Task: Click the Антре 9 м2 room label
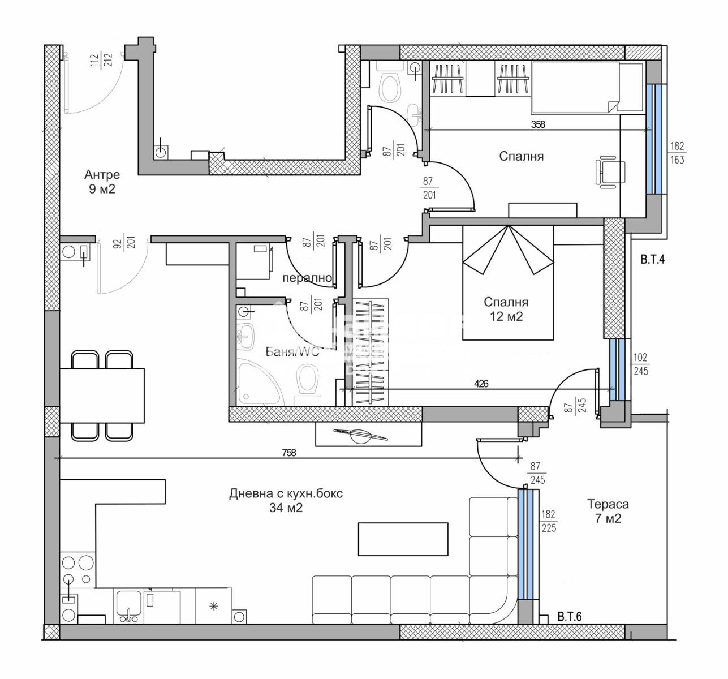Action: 102,182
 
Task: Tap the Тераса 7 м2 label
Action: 608,511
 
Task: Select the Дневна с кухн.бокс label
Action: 286,500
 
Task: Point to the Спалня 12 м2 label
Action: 507,310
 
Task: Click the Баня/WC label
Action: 292,352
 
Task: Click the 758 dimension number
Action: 288,452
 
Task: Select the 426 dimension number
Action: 481,383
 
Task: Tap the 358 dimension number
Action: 537,124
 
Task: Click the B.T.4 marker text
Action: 652,261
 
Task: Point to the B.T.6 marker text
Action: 570,616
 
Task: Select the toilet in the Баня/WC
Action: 307,380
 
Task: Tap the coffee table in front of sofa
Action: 403,539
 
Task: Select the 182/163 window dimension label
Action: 677,153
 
